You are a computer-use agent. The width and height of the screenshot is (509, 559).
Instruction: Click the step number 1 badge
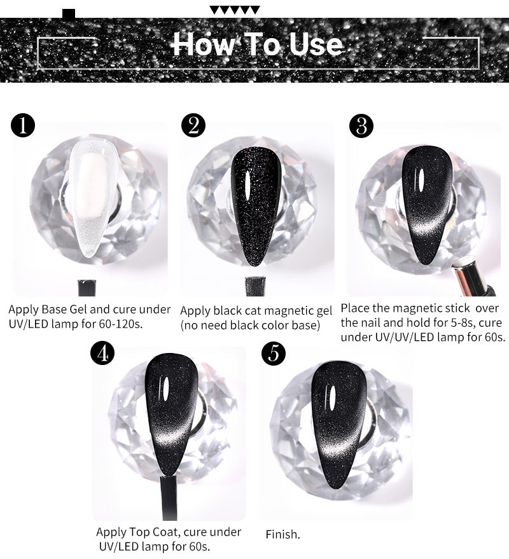click(x=23, y=125)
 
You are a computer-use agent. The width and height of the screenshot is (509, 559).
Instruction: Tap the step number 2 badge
click(x=193, y=125)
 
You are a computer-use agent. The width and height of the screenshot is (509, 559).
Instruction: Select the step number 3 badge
click(x=361, y=126)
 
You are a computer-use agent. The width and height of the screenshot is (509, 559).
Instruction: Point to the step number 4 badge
click(x=102, y=354)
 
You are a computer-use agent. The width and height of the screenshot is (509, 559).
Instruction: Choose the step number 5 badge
click(x=274, y=354)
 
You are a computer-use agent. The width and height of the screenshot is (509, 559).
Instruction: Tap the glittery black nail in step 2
click(x=255, y=206)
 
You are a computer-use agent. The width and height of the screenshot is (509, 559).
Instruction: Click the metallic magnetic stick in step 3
click(x=471, y=277)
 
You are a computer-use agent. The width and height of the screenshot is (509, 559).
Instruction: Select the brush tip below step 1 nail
click(x=87, y=287)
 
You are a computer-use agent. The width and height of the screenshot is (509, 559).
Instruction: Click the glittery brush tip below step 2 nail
click(x=255, y=286)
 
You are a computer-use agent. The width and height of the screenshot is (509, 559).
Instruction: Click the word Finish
click(x=283, y=534)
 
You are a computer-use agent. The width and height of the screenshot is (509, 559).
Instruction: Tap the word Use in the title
click(x=316, y=45)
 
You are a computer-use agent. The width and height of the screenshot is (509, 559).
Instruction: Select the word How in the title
click(x=204, y=44)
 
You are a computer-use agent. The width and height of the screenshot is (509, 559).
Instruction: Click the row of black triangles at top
click(x=234, y=10)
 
